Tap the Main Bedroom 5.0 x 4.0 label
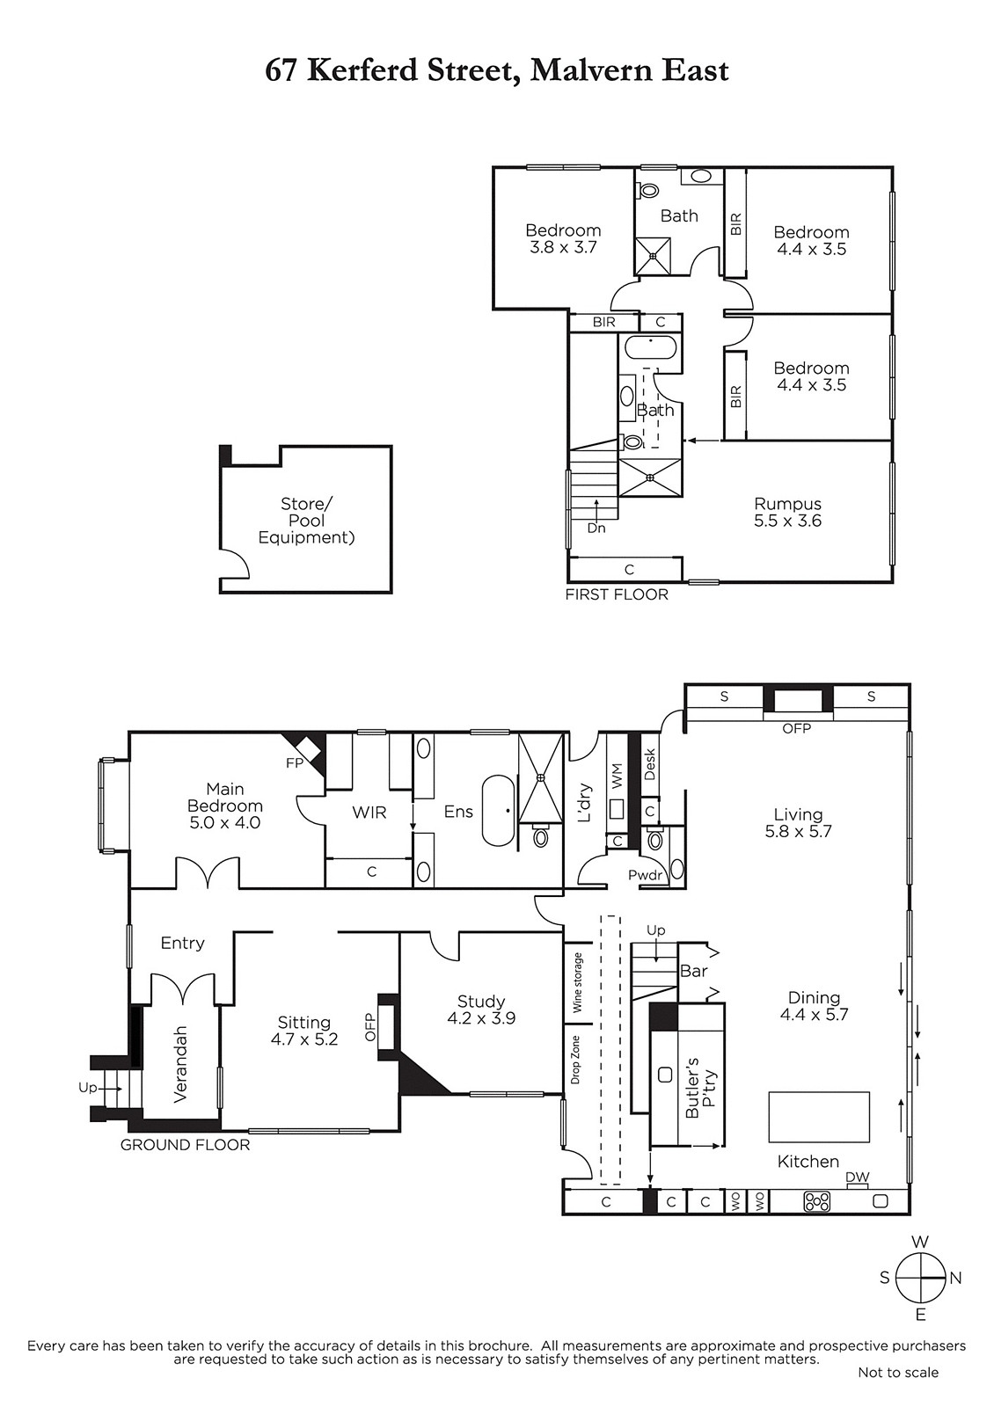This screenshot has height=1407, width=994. (x=225, y=806)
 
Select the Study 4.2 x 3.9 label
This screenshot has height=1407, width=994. (x=481, y=1010)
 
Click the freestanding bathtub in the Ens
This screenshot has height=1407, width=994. (x=498, y=811)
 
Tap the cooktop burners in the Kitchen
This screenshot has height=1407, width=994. (x=817, y=1201)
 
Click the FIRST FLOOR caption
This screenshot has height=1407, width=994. (x=617, y=594)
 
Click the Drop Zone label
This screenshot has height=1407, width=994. (x=576, y=1060)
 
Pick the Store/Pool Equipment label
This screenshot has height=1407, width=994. (x=306, y=520)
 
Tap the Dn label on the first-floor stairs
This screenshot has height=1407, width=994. (x=596, y=529)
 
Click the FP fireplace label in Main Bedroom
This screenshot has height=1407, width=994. (x=295, y=763)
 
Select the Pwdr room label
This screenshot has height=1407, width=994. (x=646, y=875)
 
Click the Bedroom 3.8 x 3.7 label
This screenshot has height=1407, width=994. (x=564, y=238)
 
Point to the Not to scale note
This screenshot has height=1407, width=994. (x=898, y=1390)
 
